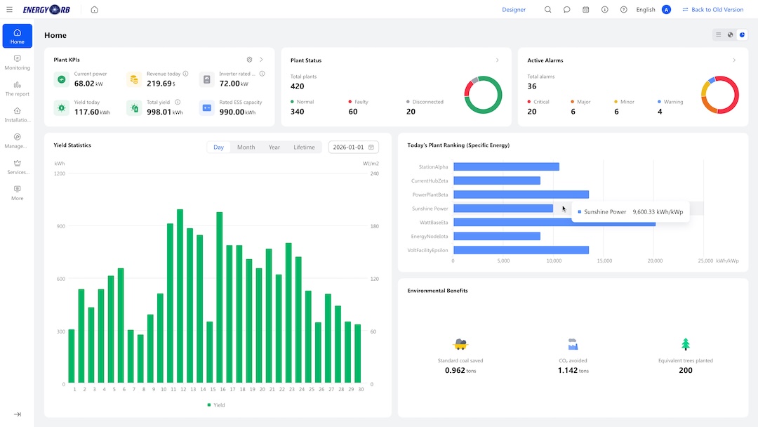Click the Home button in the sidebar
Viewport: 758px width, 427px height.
18,36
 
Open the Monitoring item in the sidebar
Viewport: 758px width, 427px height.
18,63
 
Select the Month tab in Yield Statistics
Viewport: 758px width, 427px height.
246,147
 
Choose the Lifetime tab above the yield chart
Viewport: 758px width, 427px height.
304,147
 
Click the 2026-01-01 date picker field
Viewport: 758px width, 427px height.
353,147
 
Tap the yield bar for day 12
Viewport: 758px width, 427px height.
180,296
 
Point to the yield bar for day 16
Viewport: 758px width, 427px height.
220,297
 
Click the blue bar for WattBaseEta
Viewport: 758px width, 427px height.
554,223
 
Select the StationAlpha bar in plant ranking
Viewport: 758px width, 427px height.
506,167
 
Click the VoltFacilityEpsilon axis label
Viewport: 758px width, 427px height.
428,251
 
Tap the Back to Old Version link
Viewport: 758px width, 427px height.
713,10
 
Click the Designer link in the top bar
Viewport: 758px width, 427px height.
513,10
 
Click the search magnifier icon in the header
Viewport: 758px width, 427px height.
547,10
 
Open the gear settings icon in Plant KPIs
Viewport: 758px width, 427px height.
249,60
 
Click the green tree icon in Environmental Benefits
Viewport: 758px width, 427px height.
686,344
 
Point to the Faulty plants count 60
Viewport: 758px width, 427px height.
353,112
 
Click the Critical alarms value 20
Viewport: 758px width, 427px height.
532,112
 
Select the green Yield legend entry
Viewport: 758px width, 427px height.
215,405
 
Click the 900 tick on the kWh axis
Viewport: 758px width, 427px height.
60,226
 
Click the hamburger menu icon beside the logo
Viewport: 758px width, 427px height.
9,10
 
